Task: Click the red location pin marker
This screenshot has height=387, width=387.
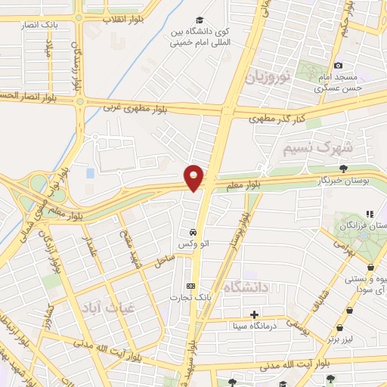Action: [194, 178]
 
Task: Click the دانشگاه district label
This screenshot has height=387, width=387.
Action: [249, 286]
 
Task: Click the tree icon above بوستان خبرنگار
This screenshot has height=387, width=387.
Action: [344, 169]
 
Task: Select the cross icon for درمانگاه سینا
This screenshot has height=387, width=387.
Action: [254, 314]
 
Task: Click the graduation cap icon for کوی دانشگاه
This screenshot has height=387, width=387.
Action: [199, 20]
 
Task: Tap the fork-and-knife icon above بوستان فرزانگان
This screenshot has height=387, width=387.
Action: [370, 215]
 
